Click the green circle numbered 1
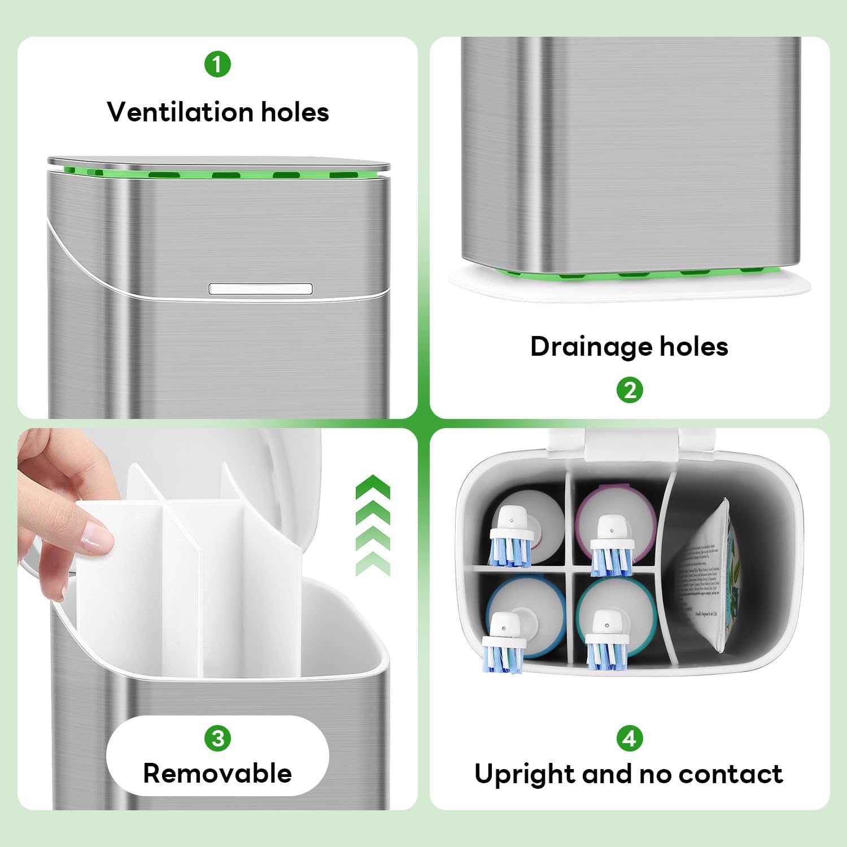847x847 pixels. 217,64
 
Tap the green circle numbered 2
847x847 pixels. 630,390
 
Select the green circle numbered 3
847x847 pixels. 217,738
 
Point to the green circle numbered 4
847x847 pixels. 630,738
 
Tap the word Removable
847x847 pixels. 217,774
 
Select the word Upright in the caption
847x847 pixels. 523,775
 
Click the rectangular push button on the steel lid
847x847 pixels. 260,289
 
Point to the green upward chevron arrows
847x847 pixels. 373,525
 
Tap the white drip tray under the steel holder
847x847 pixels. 630,285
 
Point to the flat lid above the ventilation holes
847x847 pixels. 217,162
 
